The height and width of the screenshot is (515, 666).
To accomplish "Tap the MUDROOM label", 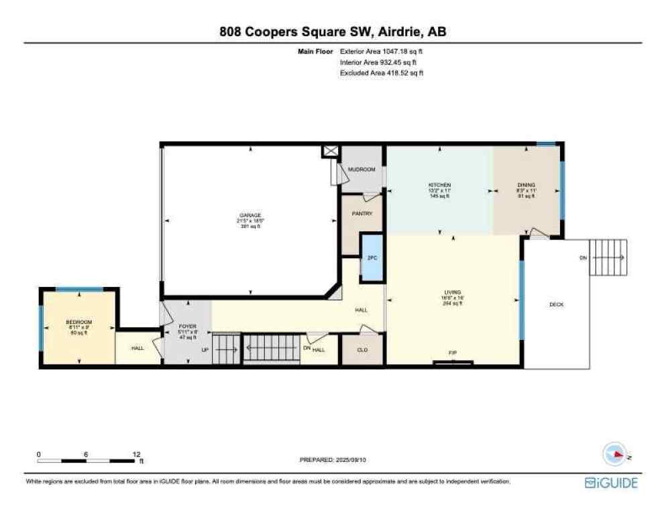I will (x=362, y=170).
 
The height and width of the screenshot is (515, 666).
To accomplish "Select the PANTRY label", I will (x=362, y=214).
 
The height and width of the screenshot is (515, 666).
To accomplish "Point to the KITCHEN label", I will (x=439, y=185).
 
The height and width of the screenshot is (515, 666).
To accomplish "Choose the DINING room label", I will (x=525, y=185).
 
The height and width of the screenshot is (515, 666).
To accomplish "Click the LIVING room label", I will (x=453, y=292).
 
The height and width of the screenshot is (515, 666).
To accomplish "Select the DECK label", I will (x=556, y=304).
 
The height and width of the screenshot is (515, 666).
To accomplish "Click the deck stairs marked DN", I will (x=608, y=257).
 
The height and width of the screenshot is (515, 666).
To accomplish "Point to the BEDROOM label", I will (x=78, y=322).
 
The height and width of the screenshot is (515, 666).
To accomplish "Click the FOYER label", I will (x=187, y=327).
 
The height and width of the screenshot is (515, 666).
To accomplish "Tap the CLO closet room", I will (x=362, y=349).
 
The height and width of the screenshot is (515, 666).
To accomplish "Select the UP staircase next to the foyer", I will (x=225, y=349).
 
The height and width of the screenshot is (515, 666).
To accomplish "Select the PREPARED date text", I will (x=333, y=459).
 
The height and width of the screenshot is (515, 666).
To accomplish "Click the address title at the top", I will (x=333, y=32).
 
